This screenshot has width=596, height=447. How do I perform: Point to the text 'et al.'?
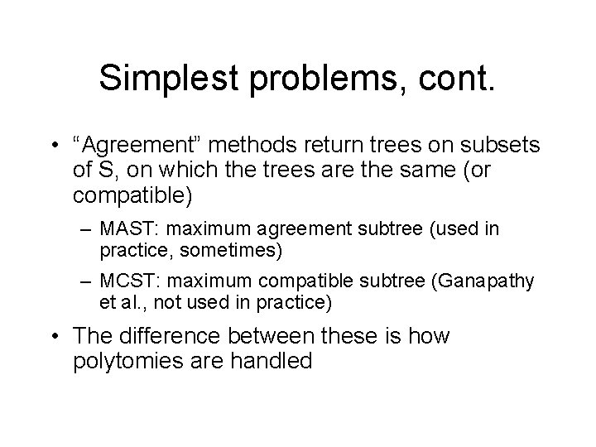tap(121, 303)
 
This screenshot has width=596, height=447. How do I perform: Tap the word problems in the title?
tap(313, 79)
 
